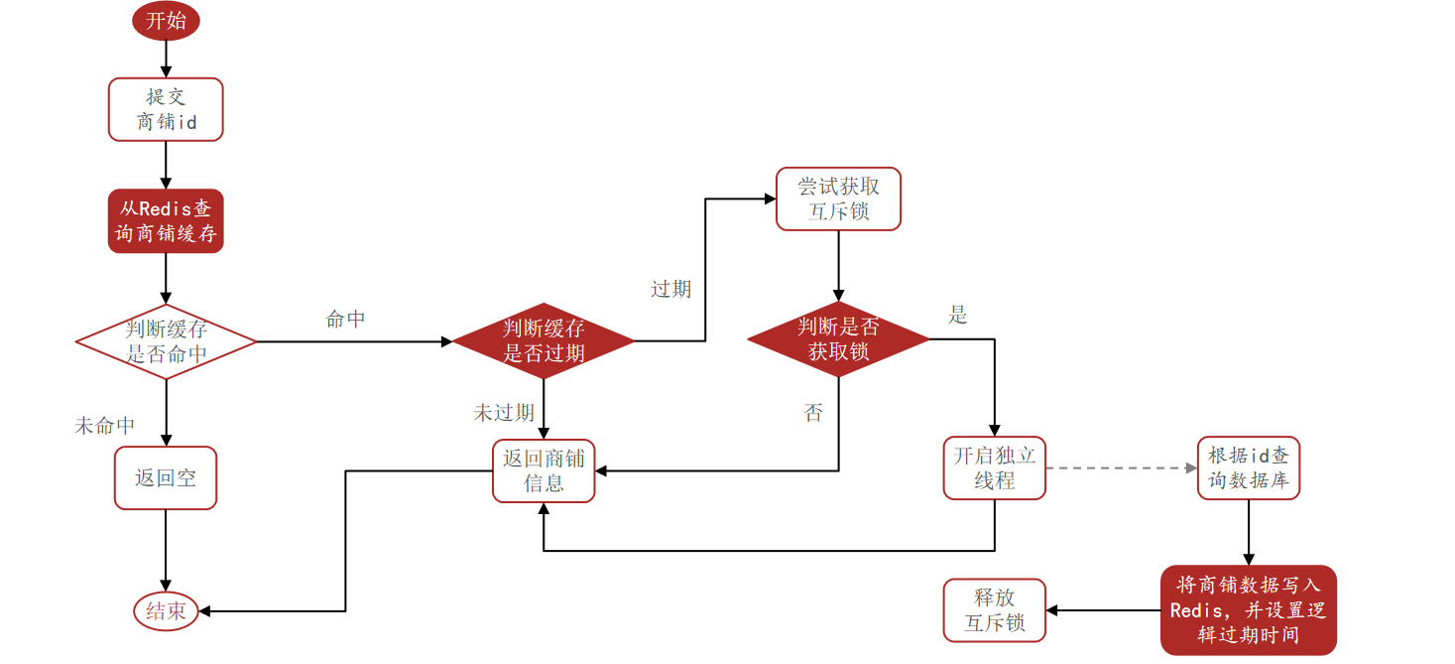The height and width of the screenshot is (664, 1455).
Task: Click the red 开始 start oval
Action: tap(166, 22)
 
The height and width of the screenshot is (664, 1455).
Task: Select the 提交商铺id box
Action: tap(166, 109)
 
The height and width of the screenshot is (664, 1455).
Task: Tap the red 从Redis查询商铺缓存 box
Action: tap(166, 221)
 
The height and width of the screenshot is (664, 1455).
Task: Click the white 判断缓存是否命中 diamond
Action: tap(166, 341)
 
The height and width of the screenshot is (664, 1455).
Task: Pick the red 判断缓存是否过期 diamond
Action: tap(543, 340)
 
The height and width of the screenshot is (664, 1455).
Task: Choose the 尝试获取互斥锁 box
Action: tap(838, 199)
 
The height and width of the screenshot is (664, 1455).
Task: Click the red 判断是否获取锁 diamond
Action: tap(838, 339)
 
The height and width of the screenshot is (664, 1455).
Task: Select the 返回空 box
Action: tap(166, 477)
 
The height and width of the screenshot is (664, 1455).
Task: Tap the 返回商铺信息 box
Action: tap(544, 470)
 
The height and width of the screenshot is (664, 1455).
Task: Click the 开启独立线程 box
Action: tap(994, 467)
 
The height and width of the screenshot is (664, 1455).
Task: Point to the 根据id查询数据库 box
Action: tap(1248, 467)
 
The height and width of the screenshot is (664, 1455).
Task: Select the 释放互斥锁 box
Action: tap(994, 610)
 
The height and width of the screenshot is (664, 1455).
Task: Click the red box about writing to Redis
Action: tap(1248, 610)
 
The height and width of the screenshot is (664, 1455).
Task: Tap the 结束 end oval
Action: tap(166, 611)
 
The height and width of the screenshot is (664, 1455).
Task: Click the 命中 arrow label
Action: tap(345, 320)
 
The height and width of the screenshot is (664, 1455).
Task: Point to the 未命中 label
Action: tap(105, 426)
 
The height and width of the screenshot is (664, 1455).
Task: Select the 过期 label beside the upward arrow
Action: tap(670, 289)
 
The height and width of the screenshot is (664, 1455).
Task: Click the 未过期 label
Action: tap(504, 413)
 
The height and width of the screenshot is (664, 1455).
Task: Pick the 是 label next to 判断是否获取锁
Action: tap(957, 316)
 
